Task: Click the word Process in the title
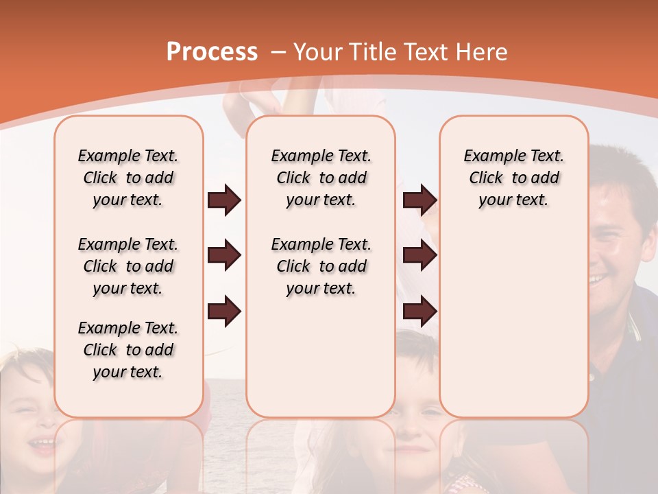pos(212,51)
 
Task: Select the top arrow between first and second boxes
pos(224,200)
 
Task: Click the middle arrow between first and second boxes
pos(224,256)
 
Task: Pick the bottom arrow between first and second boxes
pos(224,311)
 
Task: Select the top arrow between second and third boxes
pos(419,200)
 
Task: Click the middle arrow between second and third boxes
pos(419,256)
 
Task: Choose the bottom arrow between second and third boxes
pos(419,311)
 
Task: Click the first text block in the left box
pos(128,178)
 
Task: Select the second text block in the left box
pos(128,266)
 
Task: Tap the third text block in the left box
pos(128,350)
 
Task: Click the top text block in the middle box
pos(321,178)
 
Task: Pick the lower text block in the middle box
pos(321,266)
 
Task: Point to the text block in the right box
pos(513,178)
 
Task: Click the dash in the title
pos(278,52)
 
